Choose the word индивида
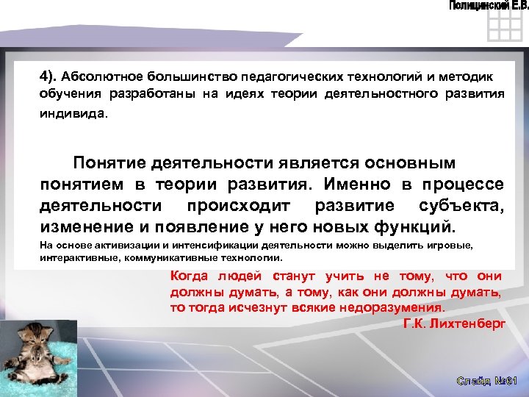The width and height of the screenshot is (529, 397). pos(73,114)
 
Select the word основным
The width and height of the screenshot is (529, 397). pos(407,162)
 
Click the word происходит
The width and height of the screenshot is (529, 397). pos(241,204)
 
